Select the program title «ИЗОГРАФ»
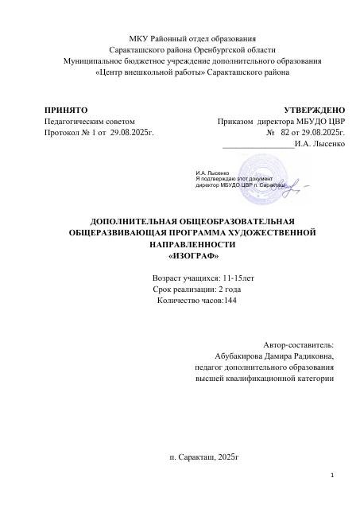pyautogui.click(x=194, y=257)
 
